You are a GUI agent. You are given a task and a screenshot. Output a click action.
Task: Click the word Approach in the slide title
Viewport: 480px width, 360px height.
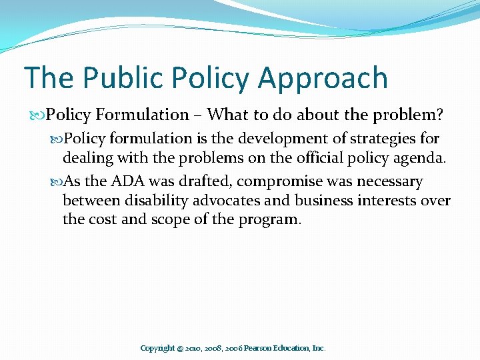coord(323,78)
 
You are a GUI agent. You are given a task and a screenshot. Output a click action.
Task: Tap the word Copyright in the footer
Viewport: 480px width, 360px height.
coord(157,348)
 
